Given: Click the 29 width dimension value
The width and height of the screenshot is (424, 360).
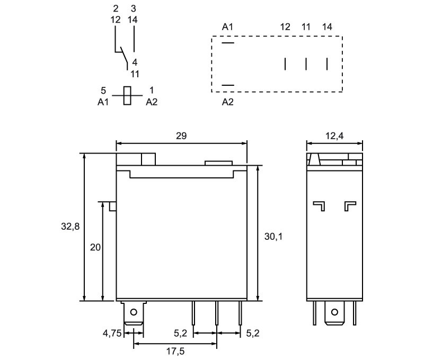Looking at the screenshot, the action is [x=181, y=136].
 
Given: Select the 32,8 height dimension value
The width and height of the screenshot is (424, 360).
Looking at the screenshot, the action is [x=70, y=226].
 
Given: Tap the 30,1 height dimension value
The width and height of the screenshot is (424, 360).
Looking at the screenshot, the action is [x=273, y=237].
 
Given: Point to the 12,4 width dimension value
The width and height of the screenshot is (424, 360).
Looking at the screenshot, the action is [x=334, y=136].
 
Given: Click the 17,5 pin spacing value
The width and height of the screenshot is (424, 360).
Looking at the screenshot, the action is [x=175, y=352].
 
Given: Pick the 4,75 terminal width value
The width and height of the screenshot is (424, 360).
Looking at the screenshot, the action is [x=112, y=333].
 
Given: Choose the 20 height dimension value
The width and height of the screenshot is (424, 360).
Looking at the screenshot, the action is [x=95, y=247].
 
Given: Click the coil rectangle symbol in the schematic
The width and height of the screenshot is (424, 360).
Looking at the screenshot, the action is [x=127, y=96].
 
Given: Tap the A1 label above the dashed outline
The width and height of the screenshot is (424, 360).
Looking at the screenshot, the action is [x=227, y=27].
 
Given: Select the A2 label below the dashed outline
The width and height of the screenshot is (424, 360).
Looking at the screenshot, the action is [x=227, y=102].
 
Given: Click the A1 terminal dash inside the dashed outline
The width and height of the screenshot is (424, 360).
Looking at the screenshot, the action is [x=228, y=43].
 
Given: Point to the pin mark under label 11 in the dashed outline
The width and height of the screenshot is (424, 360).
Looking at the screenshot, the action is [x=306, y=64].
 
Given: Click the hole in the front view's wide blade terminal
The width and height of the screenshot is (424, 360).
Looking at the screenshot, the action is [x=134, y=312].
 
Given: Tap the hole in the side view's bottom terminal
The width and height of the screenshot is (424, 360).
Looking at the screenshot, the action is [x=334, y=312].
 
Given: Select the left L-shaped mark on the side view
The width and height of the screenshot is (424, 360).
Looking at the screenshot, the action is [x=319, y=206].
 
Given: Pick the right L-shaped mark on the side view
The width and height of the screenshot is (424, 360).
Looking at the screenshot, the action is [x=350, y=206].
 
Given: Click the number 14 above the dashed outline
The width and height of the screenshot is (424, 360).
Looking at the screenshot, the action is [x=327, y=27].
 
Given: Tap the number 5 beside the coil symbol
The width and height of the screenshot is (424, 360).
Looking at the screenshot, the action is [x=103, y=91].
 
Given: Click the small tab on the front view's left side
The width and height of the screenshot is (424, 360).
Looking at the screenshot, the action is [x=113, y=206].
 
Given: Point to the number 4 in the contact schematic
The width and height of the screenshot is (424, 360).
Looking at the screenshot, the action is [x=135, y=62].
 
